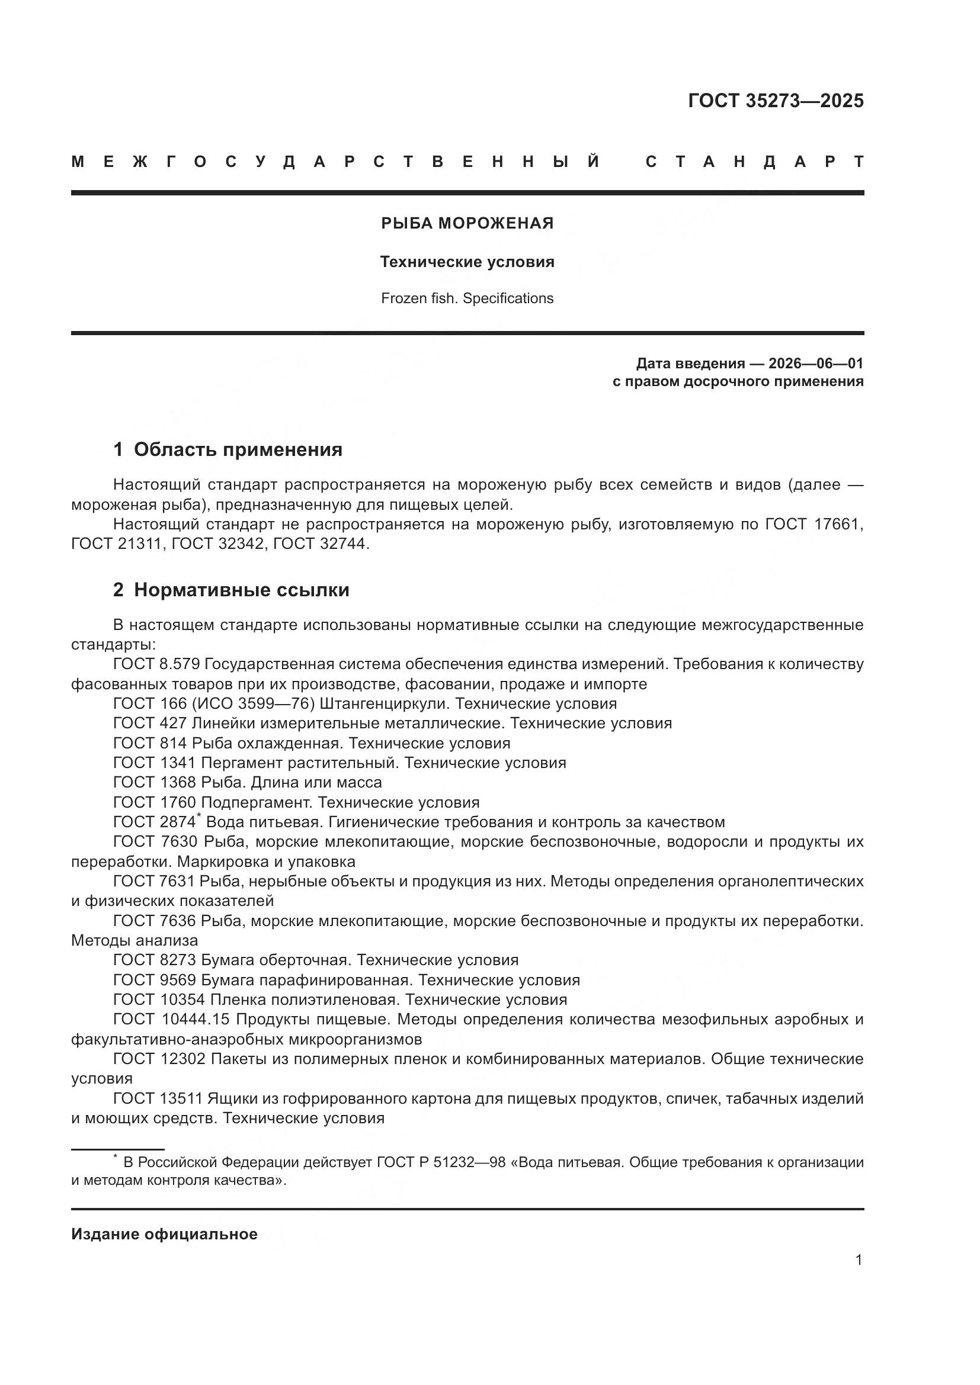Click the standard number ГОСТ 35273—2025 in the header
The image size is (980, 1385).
pyautogui.click(x=776, y=101)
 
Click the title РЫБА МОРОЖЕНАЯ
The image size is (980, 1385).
pyautogui.click(x=467, y=223)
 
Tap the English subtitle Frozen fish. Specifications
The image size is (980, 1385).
pyautogui.click(x=467, y=298)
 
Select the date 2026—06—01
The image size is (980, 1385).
pyautogui.click(x=816, y=363)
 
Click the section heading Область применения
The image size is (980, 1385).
pyautogui.click(x=238, y=449)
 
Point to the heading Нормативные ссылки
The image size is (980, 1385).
pyautogui.click(x=241, y=589)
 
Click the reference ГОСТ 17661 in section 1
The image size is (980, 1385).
pyautogui.click(x=814, y=524)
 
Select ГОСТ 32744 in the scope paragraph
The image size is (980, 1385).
pyautogui.click(x=319, y=544)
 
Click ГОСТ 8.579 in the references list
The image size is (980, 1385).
pyautogui.click(x=156, y=664)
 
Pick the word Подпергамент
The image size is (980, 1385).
pyautogui.click(x=256, y=802)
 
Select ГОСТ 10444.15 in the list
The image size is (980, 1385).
pyautogui.click(x=172, y=1020)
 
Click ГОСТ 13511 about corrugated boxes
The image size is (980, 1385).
pyautogui.click(x=160, y=1098)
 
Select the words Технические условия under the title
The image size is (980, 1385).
pyautogui.click(x=467, y=262)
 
